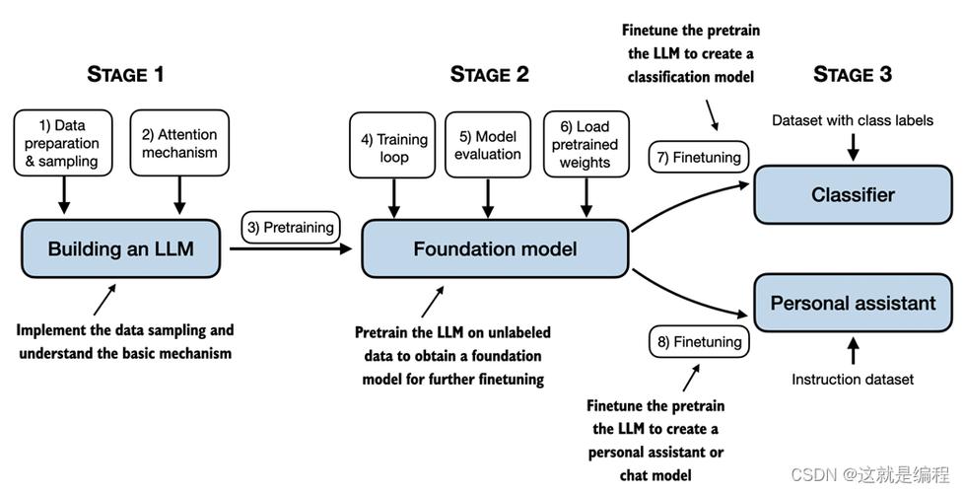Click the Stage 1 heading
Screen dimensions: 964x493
click(125, 74)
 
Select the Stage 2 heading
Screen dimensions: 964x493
click(489, 74)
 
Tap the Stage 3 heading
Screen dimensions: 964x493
click(852, 74)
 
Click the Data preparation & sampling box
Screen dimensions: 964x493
click(63, 143)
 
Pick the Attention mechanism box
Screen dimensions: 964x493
click(179, 143)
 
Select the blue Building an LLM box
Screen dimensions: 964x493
click(121, 248)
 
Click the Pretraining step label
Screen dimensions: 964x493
click(290, 228)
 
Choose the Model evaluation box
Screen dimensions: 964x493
click(488, 145)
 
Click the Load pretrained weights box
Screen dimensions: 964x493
click(585, 144)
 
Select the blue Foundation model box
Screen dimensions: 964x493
click(495, 248)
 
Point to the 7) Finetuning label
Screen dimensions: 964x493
click(699, 158)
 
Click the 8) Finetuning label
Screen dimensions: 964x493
click(699, 342)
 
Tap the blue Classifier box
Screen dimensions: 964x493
click(853, 195)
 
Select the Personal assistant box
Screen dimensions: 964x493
click(853, 303)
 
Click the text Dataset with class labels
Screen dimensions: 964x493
click(853, 120)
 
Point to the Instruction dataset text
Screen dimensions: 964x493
click(853, 380)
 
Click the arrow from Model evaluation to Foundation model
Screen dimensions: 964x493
click(488, 198)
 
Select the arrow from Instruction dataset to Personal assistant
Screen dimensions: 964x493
click(853, 350)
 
